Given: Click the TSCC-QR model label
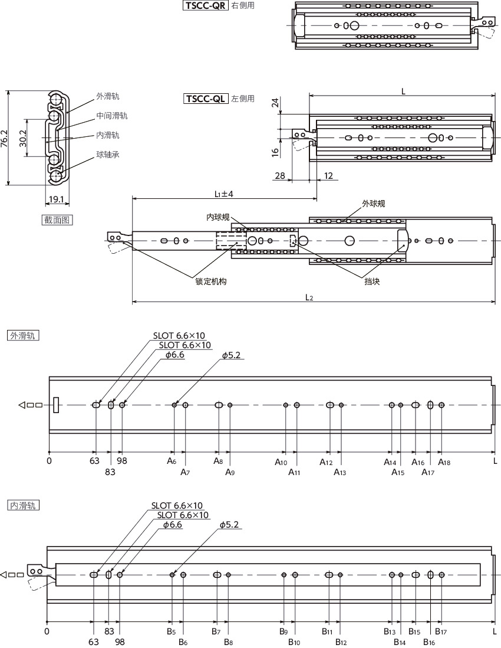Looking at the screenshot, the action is point(206,6).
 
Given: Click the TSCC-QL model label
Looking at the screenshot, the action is point(206,99).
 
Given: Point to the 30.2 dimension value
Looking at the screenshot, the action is point(23,139).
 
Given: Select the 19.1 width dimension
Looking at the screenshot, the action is point(56,199).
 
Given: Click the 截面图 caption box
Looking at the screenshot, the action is point(57,220).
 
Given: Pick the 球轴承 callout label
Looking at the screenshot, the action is point(108,155).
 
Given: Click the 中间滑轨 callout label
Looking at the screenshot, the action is point(112,116).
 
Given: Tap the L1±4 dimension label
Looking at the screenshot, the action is point(223,194).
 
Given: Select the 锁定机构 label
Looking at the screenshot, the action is point(211,282).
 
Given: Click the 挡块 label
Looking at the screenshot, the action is point(372,282).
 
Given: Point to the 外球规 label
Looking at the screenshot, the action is point(374,204).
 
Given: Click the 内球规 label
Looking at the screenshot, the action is point(218,217).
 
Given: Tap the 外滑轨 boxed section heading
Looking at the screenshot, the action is point(24,335).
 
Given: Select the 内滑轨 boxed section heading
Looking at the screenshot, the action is point(24,505).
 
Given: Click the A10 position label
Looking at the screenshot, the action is point(281,462).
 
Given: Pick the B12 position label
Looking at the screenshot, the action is point(341,642).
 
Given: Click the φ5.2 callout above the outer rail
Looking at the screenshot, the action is point(230,355).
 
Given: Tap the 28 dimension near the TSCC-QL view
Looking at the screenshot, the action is point(280,176).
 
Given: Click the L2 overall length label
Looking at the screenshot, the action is point(309,297).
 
